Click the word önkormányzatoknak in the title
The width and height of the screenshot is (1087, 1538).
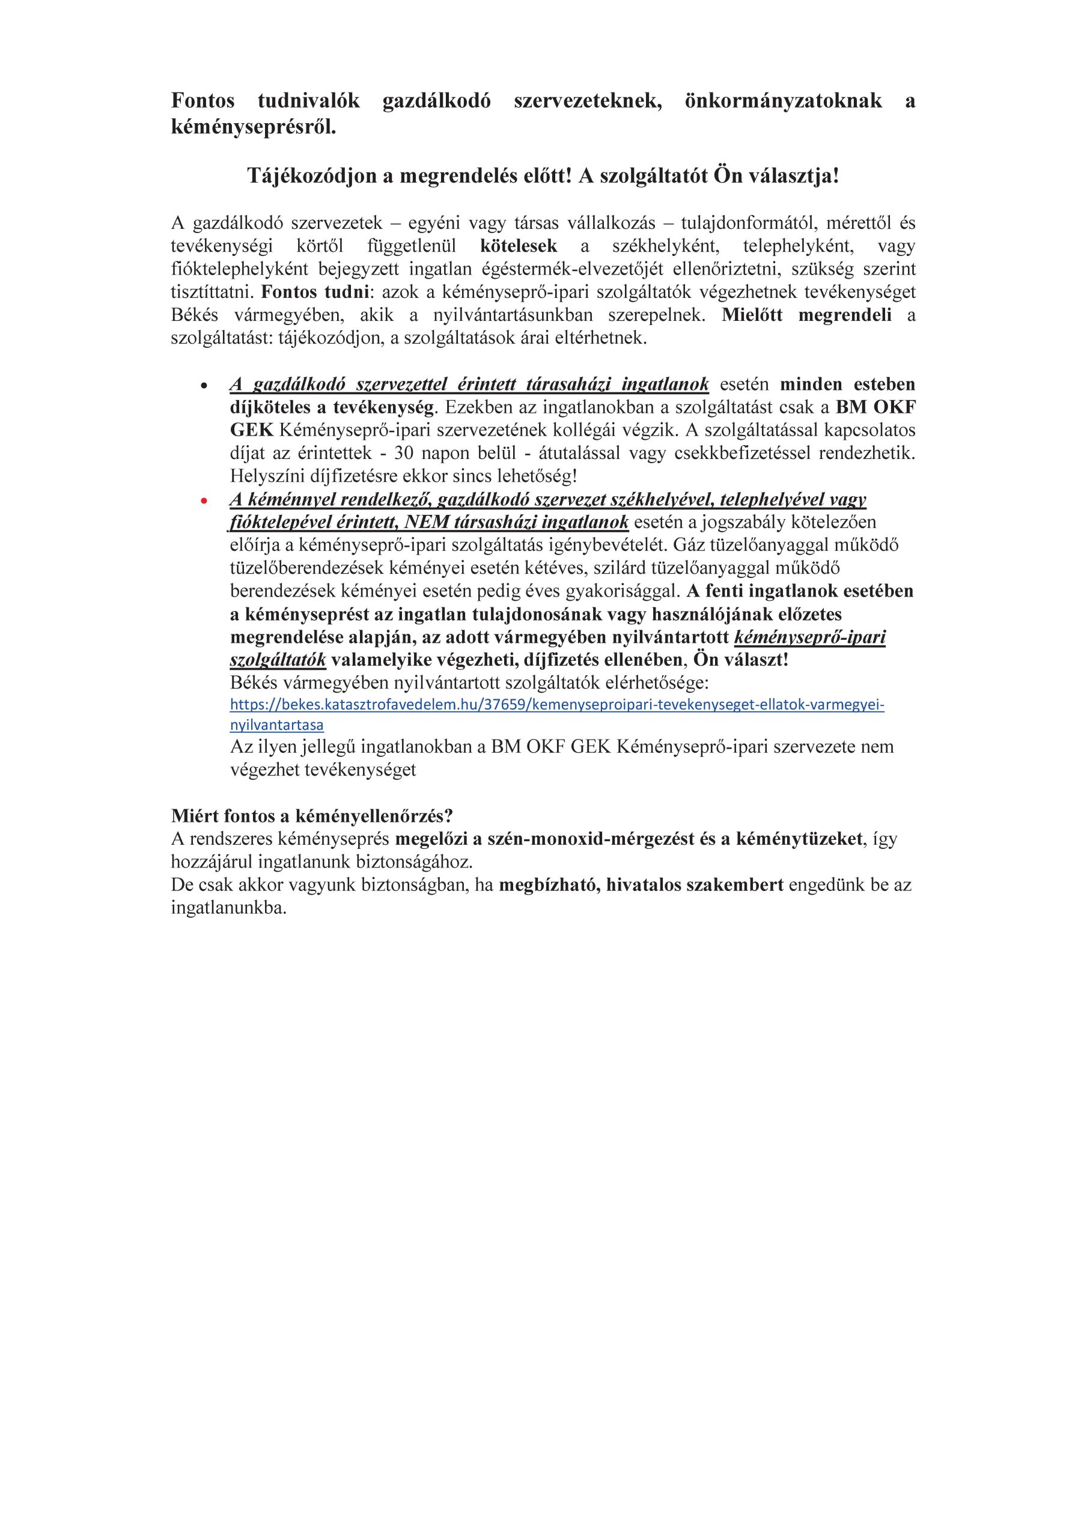(x=783, y=101)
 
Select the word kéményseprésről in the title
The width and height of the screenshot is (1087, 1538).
(x=254, y=127)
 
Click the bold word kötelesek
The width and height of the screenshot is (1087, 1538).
(x=518, y=246)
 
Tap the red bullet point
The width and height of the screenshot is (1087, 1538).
(x=204, y=501)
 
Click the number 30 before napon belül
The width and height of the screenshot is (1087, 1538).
(x=403, y=453)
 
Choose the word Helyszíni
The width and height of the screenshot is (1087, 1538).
(x=262, y=476)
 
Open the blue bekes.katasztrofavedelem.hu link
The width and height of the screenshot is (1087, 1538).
(x=557, y=705)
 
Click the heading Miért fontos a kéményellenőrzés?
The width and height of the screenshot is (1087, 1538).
(x=312, y=816)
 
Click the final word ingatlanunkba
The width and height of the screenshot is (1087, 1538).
(x=228, y=908)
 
